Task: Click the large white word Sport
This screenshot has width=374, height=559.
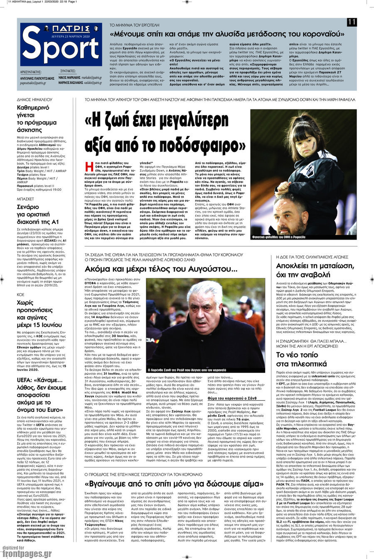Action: tap(61, 49)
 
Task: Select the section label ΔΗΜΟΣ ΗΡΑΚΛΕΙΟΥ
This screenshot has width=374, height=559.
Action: tap(34, 100)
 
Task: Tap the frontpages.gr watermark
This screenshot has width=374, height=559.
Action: tap(27, 553)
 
